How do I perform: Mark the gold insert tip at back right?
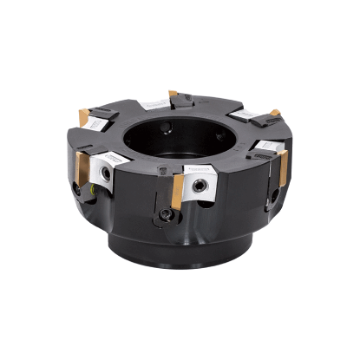274,112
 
